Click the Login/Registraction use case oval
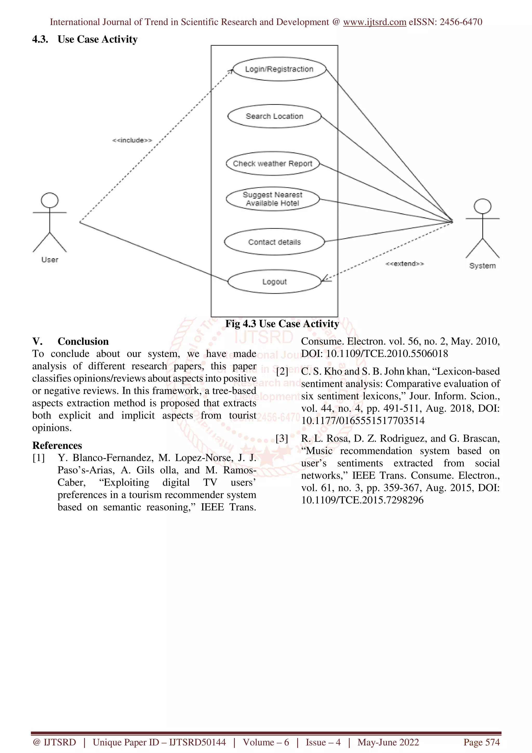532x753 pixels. tap(279, 69)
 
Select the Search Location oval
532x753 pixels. tap(274, 116)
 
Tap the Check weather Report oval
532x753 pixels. tap(272, 164)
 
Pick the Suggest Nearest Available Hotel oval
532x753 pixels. tap(272, 199)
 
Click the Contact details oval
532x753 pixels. tap(274, 242)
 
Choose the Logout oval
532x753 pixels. tap(274, 282)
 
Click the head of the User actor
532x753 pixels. tap(50, 200)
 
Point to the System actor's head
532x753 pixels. tap(482, 206)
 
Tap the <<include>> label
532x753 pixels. tap(132, 140)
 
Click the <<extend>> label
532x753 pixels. tap(404, 264)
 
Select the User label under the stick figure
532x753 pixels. tap(50, 260)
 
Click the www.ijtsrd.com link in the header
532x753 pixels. tap(374, 22)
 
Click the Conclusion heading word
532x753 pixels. tap(83, 341)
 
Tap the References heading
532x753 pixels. tap(57, 445)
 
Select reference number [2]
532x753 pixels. tap(282, 372)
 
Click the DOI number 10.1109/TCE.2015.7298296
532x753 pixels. tap(362, 500)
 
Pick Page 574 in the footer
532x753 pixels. tap(481, 742)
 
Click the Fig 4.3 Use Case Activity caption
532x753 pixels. tap(282, 324)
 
